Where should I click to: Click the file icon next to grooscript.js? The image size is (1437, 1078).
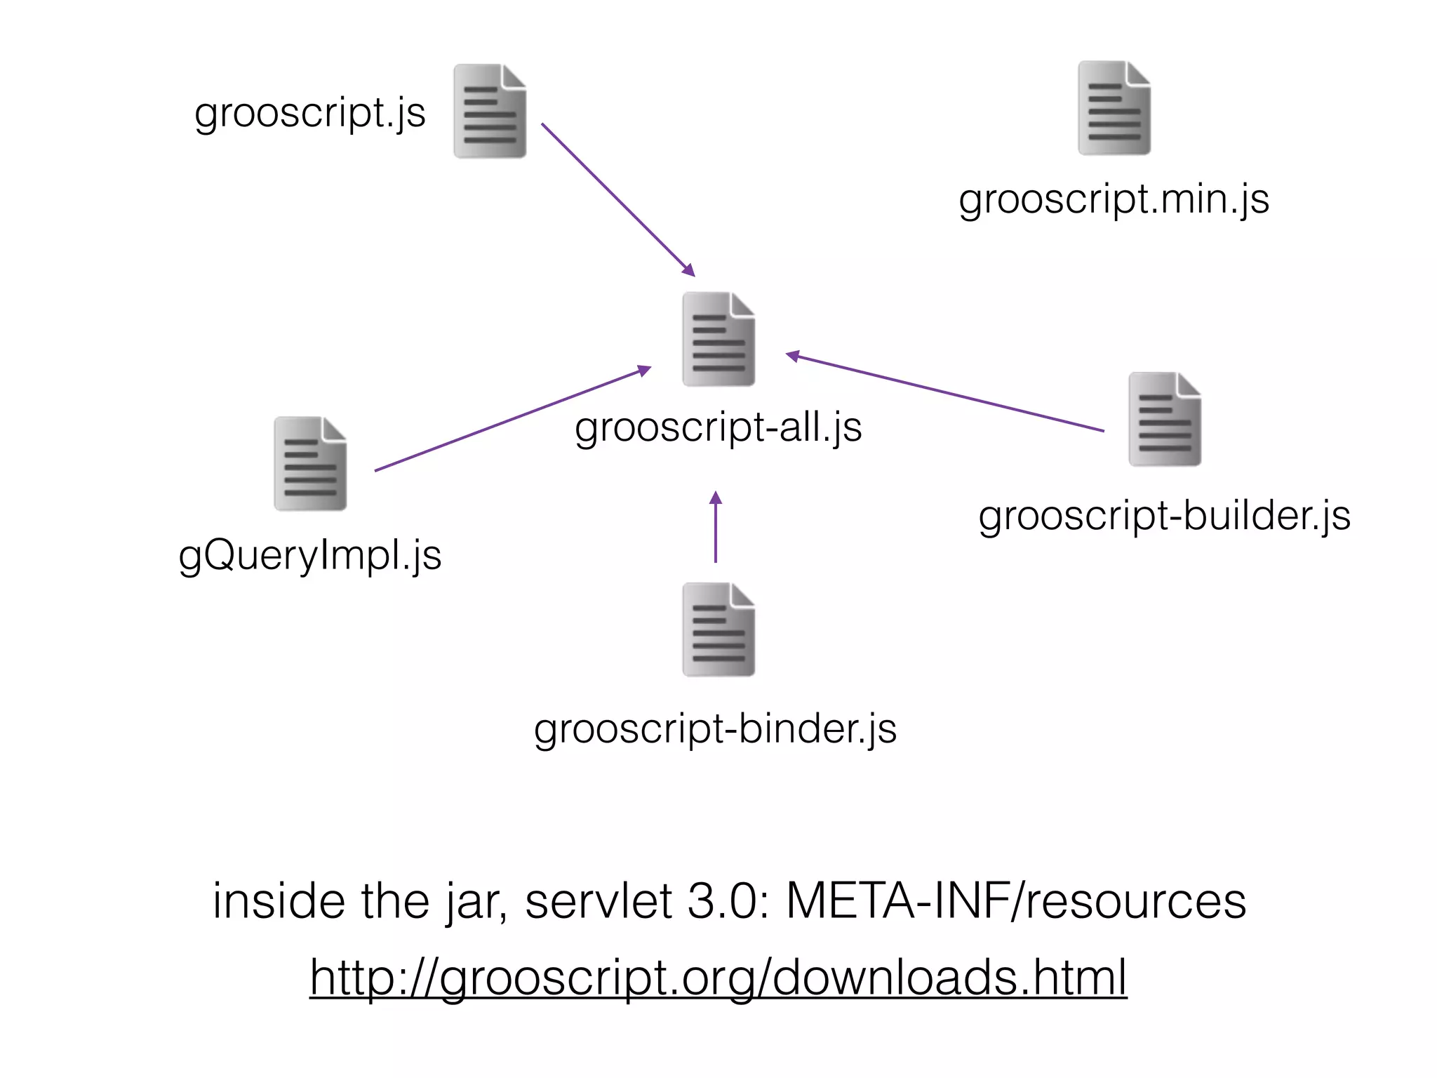click(x=490, y=111)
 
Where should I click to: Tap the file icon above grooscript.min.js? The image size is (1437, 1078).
click(x=1114, y=108)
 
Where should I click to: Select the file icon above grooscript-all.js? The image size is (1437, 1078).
click(x=718, y=339)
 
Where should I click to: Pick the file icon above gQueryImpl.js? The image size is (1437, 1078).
click(x=310, y=464)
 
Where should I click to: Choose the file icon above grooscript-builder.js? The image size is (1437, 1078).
click(x=1165, y=419)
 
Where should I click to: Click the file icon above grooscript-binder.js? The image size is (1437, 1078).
click(x=718, y=630)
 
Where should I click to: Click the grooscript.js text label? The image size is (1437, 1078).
click(x=310, y=112)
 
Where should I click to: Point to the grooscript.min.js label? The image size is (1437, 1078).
click(x=1114, y=199)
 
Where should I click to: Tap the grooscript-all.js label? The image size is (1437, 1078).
click(x=718, y=427)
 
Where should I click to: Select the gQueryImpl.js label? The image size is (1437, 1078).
click(x=310, y=555)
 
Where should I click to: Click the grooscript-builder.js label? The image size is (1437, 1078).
click(x=1164, y=517)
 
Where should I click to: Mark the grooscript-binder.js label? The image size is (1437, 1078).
click(x=715, y=729)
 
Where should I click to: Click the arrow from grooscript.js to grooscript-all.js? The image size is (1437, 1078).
click(x=617, y=199)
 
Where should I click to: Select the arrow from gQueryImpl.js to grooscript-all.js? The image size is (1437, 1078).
click(x=512, y=418)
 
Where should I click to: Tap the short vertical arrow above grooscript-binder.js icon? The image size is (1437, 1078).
click(x=716, y=528)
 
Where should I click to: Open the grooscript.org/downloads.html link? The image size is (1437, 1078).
click(x=718, y=977)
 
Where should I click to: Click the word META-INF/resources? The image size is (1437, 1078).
click(x=1015, y=901)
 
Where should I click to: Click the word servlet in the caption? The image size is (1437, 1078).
click(x=598, y=901)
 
